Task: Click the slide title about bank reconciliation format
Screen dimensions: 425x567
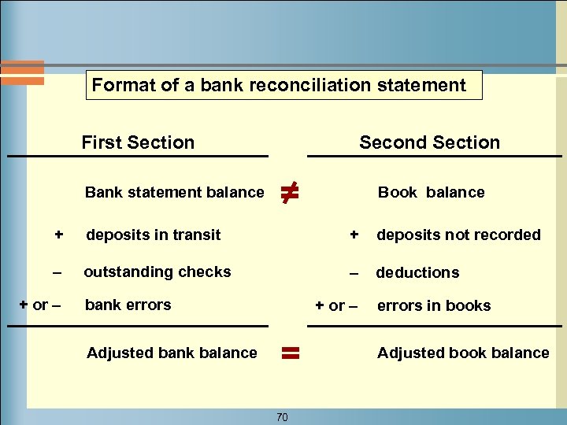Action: point(280,85)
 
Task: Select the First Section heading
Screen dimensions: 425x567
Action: point(138,142)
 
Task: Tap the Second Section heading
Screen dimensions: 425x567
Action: point(429,142)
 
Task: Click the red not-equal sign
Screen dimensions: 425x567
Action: point(289,190)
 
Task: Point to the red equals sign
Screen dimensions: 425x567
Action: point(291,353)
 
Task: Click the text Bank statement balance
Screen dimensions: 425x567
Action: point(174,192)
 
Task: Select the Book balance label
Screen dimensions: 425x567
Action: point(431,192)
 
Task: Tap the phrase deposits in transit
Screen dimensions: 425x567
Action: point(154,235)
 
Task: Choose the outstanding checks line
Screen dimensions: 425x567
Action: point(157,272)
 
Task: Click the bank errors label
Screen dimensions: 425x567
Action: point(128,305)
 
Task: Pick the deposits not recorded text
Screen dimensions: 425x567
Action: point(458,235)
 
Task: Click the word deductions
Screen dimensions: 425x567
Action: point(417,272)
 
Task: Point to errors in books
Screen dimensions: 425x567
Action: point(434,305)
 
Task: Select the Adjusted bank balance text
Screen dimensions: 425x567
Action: point(172,353)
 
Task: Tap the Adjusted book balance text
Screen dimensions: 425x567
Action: point(463,353)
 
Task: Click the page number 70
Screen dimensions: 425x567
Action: point(282,417)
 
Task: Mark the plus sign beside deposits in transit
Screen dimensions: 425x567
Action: point(58,235)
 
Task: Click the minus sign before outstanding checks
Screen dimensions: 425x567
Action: point(56,272)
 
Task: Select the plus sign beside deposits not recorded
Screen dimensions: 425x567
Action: point(354,235)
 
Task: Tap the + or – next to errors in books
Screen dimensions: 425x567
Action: point(336,305)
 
